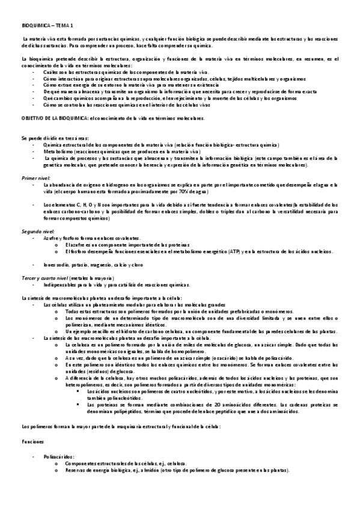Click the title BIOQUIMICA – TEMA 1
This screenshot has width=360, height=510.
(x=47, y=26)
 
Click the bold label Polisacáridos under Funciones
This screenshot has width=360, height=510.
(x=58, y=457)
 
